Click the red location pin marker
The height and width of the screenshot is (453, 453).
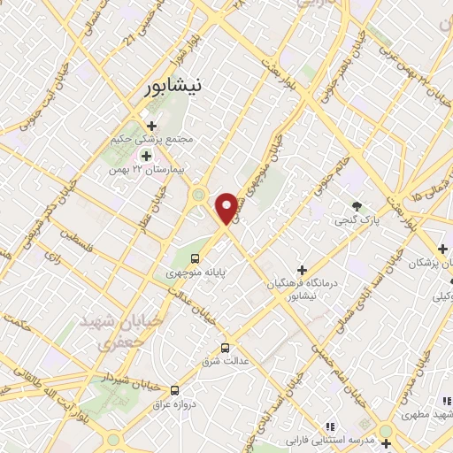point(227,207)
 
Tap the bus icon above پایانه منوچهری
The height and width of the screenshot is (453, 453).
point(194,258)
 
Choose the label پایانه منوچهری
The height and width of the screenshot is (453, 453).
point(196,273)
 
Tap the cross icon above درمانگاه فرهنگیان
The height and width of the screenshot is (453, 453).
point(302,269)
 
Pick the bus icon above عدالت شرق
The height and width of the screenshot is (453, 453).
point(226,348)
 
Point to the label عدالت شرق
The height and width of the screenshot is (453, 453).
point(226,362)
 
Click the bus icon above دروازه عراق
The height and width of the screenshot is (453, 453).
point(174,389)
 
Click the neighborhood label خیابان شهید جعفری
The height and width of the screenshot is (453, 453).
point(113,330)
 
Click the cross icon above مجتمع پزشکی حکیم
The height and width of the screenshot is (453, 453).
point(151,125)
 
